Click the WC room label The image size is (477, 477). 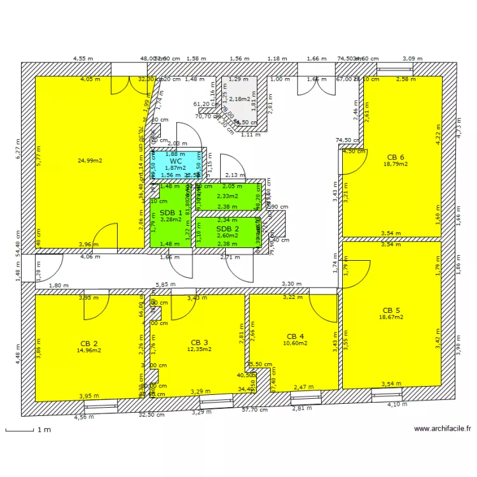tap(176, 161)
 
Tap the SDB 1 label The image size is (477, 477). tap(171, 212)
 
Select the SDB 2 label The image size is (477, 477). tap(228, 229)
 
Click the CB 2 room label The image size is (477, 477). tap(88, 343)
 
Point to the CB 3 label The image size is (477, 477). tap(199, 342)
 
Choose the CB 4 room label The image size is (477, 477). tap(296, 336)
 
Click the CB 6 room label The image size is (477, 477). tap(395, 157)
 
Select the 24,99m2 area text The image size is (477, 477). tap(90, 160)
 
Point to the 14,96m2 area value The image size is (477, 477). tap(88, 350)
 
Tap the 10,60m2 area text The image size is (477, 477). tap(296, 343)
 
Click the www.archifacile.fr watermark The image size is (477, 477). tap(443, 429)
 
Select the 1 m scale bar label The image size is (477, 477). tap(44, 430)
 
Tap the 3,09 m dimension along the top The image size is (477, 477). tap(411, 59)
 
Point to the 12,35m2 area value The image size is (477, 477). tap(198, 349)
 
